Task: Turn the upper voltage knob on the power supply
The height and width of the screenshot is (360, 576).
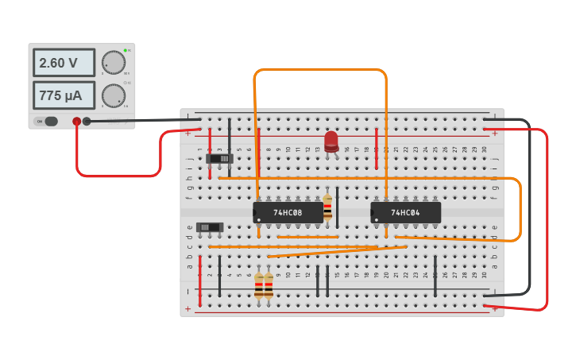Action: (x=114, y=62)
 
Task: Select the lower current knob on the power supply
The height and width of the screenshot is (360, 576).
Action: (x=114, y=95)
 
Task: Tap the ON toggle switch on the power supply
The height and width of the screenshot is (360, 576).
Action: (x=49, y=122)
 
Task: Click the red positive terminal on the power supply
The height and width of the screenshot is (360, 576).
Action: (x=77, y=122)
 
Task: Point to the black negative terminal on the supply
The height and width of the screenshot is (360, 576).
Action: (x=87, y=122)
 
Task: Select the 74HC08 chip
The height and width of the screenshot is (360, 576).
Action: (x=288, y=212)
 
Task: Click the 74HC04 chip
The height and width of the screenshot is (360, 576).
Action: (x=405, y=212)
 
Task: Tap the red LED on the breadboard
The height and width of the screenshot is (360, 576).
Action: (x=331, y=141)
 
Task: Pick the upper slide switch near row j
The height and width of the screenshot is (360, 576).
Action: (x=220, y=158)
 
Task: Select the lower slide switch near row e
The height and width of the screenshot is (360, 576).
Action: (x=210, y=227)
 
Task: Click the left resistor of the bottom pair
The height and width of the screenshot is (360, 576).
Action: (x=258, y=285)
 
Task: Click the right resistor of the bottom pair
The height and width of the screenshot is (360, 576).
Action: (x=269, y=285)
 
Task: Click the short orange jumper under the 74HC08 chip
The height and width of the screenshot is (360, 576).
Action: (x=307, y=237)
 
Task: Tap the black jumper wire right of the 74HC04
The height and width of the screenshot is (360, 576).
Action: (x=435, y=276)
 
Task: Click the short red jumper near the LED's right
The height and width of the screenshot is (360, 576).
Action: (x=377, y=148)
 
